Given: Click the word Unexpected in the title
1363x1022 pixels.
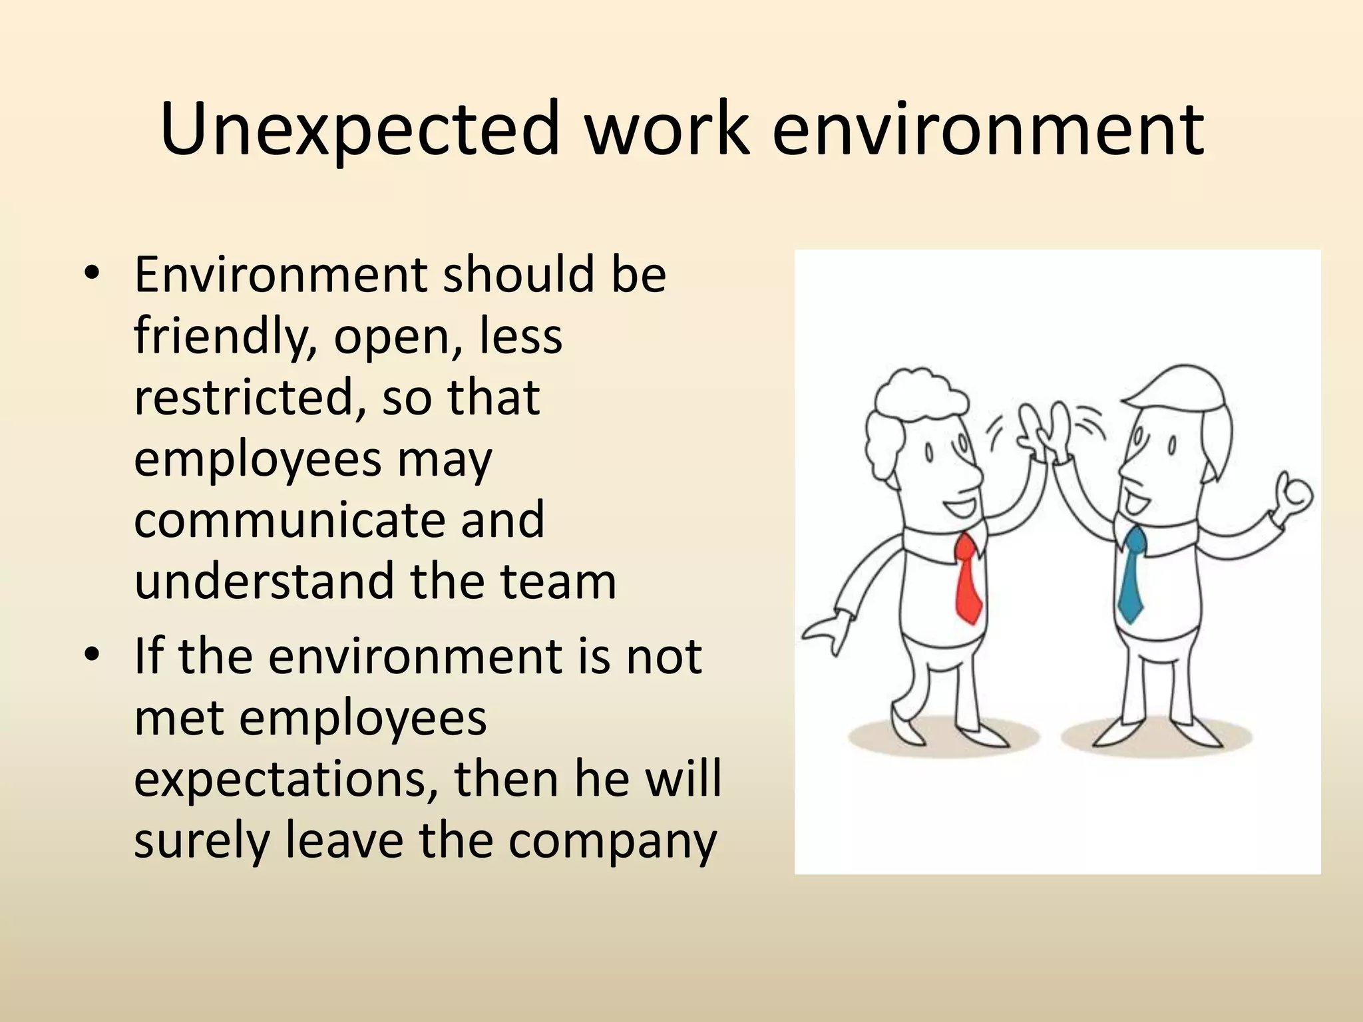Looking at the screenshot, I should pos(360,130).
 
